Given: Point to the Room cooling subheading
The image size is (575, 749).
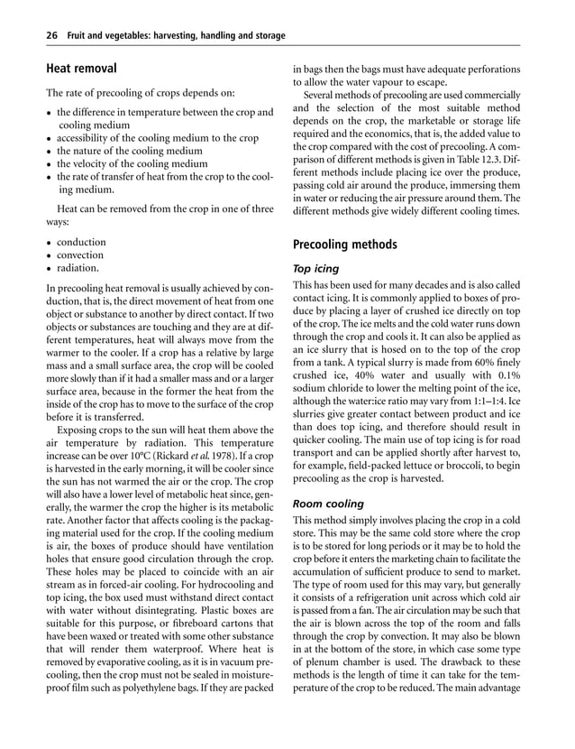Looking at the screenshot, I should [329, 504].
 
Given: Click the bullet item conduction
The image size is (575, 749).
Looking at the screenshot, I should [81, 243].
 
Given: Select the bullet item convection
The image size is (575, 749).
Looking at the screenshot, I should [81, 255].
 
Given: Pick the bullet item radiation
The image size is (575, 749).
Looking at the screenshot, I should [79, 268].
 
